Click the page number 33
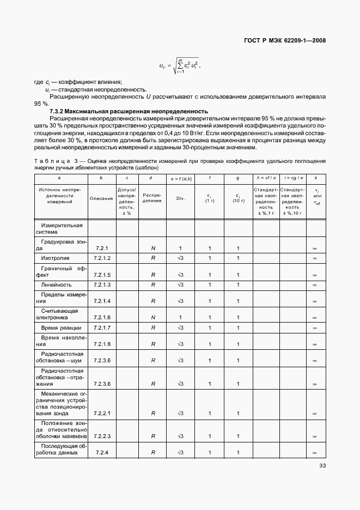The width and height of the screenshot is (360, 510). [x=322, y=466]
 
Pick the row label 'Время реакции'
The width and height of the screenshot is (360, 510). [x=61, y=328]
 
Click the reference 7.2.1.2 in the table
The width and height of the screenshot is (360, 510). [x=102, y=257]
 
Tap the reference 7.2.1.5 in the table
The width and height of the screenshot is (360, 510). [x=102, y=275]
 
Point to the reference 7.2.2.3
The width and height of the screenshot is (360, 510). [x=102, y=436]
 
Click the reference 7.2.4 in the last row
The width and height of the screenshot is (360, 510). [x=102, y=453]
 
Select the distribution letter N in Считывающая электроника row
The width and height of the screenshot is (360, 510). [x=153, y=317]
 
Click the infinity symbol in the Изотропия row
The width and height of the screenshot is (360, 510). [x=314, y=257]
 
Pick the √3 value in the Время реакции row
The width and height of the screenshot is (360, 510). [x=180, y=328]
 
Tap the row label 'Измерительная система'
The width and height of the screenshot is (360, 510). [x=59, y=228]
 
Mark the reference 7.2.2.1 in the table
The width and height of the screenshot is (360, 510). [x=102, y=414]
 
